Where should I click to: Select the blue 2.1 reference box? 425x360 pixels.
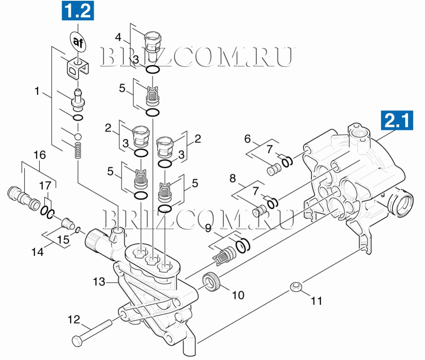coord(397,121)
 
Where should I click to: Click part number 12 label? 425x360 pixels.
coord(74,320)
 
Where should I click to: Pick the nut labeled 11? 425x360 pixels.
coord(295,287)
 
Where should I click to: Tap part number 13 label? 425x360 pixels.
coord(99,282)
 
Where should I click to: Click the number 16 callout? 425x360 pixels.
coord(39,155)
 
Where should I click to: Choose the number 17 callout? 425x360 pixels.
coord(45,185)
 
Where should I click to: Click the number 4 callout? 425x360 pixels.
coord(118,38)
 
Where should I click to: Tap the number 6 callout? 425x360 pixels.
coord(248,139)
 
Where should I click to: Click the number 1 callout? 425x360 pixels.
coord(37,92)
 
